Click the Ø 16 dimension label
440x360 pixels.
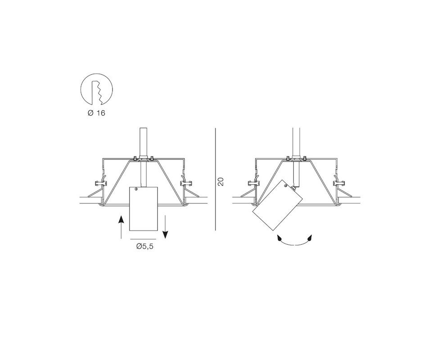click(96, 113)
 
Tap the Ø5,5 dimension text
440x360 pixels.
click(145, 247)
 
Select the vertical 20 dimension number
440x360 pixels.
click(220, 181)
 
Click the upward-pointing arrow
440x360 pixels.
click(121, 227)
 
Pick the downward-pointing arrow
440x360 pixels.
click(165, 227)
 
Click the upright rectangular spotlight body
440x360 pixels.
click(144, 209)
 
